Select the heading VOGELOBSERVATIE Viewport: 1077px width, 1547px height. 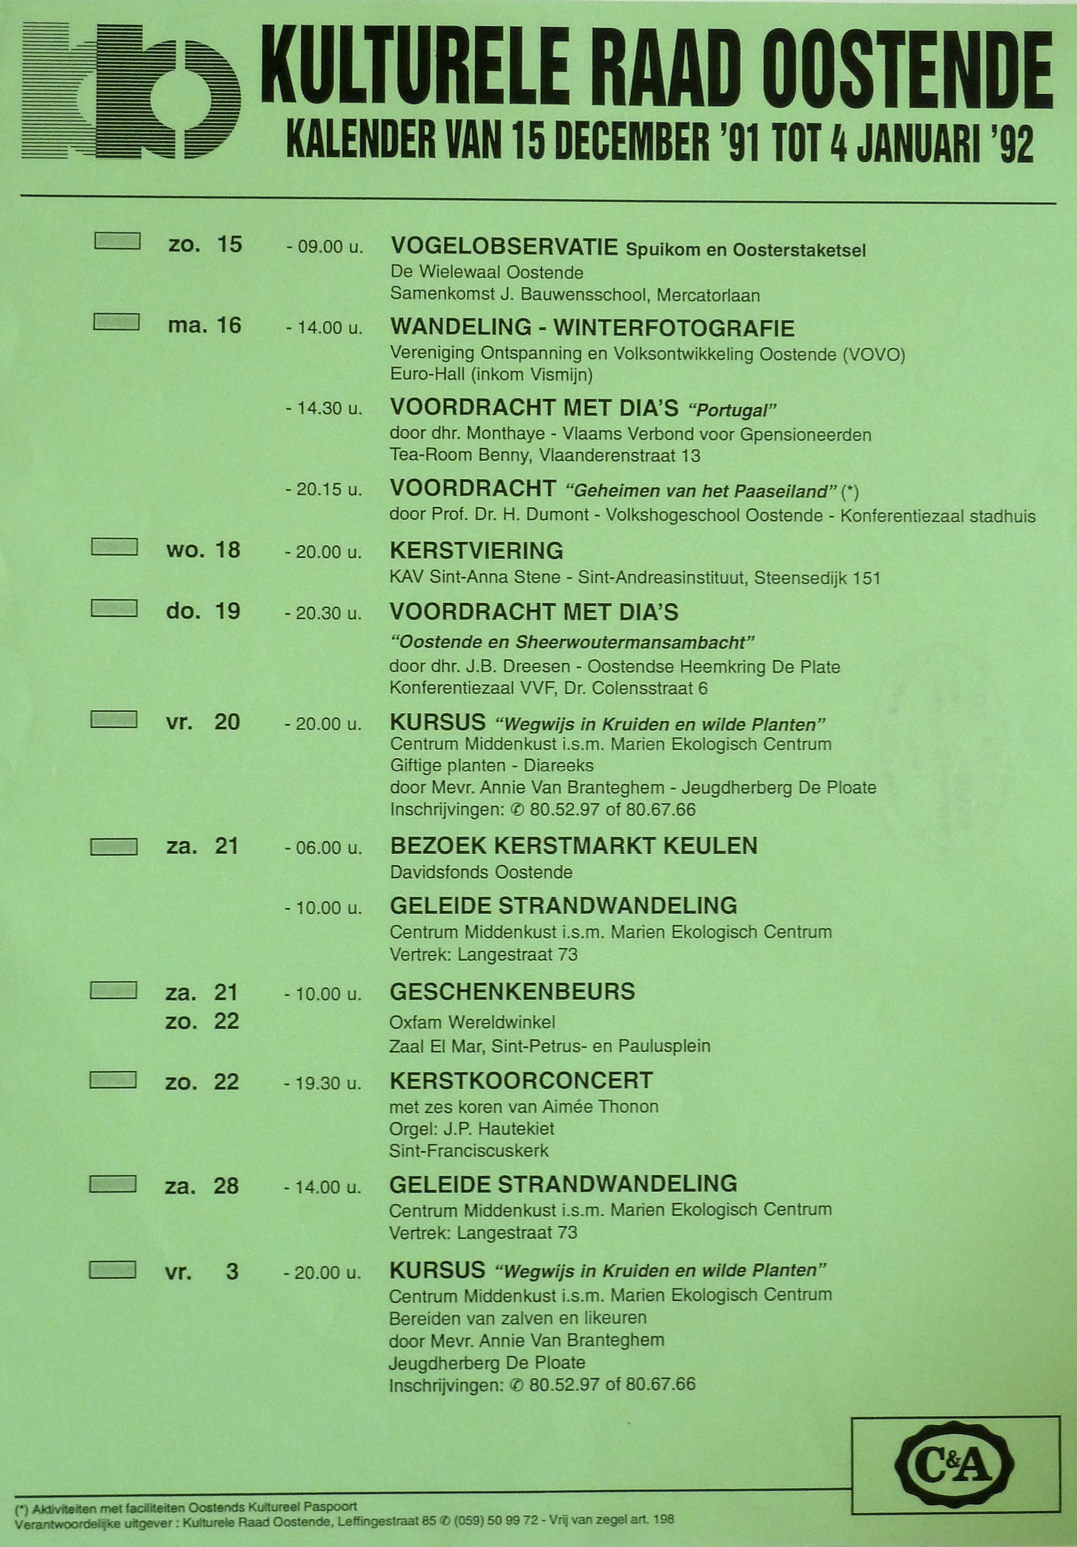point(504,247)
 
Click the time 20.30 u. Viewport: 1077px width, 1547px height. point(323,614)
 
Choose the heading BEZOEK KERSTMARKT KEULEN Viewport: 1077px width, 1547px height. point(573,846)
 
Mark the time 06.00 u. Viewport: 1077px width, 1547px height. point(323,848)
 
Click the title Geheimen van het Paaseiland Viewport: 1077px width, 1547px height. point(703,491)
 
